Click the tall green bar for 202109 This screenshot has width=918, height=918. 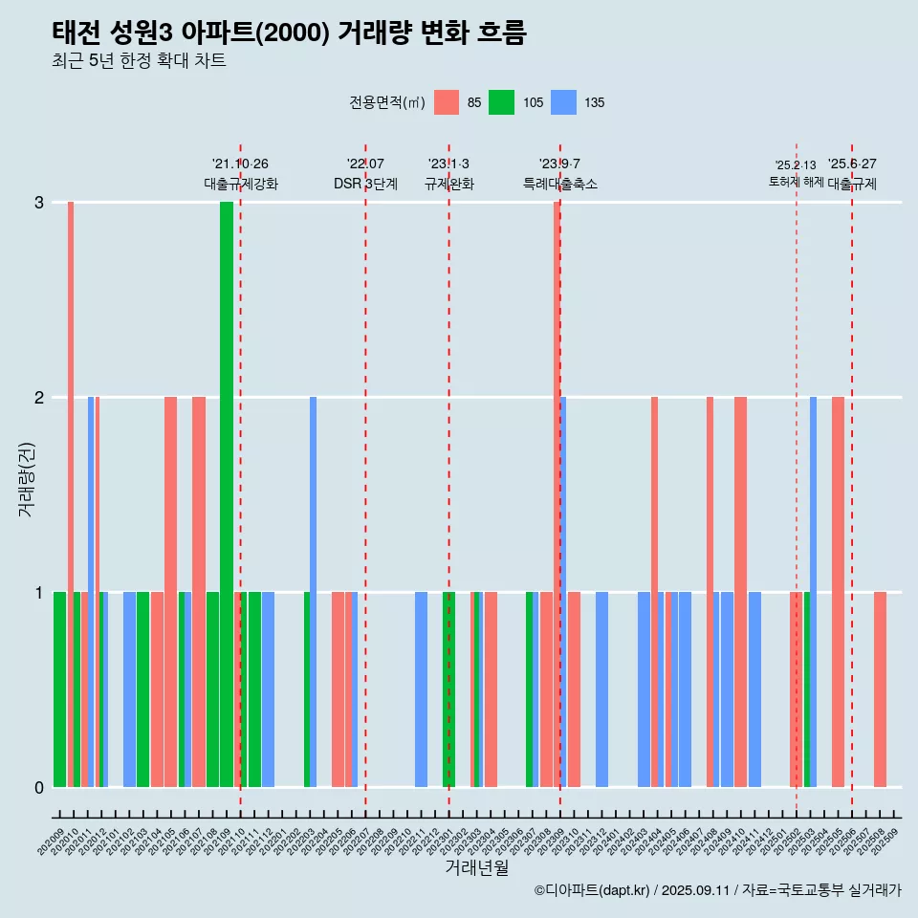(x=227, y=494)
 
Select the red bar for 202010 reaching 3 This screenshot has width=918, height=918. (x=71, y=494)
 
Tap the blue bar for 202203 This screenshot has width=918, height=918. (x=313, y=592)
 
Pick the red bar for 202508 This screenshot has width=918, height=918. (x=880, y=689)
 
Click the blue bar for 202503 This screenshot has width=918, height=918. (x=813, y=592)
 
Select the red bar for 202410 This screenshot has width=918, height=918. (x=740, y=592)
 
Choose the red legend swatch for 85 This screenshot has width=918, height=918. (x=447, y=102)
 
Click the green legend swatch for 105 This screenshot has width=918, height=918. (x=501, y=102)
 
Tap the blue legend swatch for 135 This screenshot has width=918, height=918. (x=564, y=102)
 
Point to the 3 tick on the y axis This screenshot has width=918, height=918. (x=39, y=203)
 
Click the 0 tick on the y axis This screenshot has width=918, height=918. (x=39, y=788)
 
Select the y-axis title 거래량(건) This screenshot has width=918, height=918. (x=26, y=478)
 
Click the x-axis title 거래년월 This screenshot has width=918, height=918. (x=476, y=867)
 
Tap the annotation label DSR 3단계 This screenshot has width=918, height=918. (x=365, y=184)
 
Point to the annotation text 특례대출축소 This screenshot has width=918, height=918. (x=559, y=184)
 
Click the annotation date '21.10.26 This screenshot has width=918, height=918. (x=240, y=164)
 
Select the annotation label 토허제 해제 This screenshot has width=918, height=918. (x=796, y=182)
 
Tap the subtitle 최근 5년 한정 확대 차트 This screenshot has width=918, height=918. (x=140, y=61)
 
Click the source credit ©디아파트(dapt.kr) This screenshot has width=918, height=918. (x=591, y=890)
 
